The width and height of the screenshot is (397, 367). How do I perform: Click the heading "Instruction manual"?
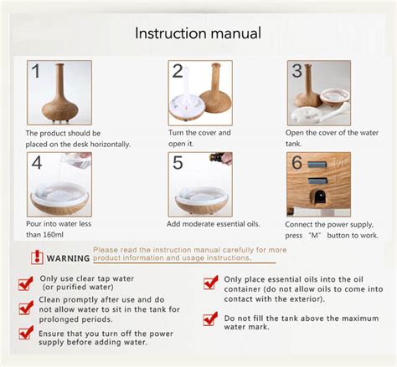click(198, 33)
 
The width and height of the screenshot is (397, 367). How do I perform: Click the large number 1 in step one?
click(34, 72)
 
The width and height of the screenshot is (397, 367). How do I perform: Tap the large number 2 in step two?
click(177, 71)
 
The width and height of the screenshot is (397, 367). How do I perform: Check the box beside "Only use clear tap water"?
click(26, 284)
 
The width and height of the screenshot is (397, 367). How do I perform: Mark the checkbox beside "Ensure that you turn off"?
click(26, 334)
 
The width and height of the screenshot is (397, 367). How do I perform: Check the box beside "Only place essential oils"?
click(210, 283)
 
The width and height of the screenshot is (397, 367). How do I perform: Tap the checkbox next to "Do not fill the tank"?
click(210, 319)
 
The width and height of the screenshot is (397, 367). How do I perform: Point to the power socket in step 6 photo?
click(318, 197)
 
